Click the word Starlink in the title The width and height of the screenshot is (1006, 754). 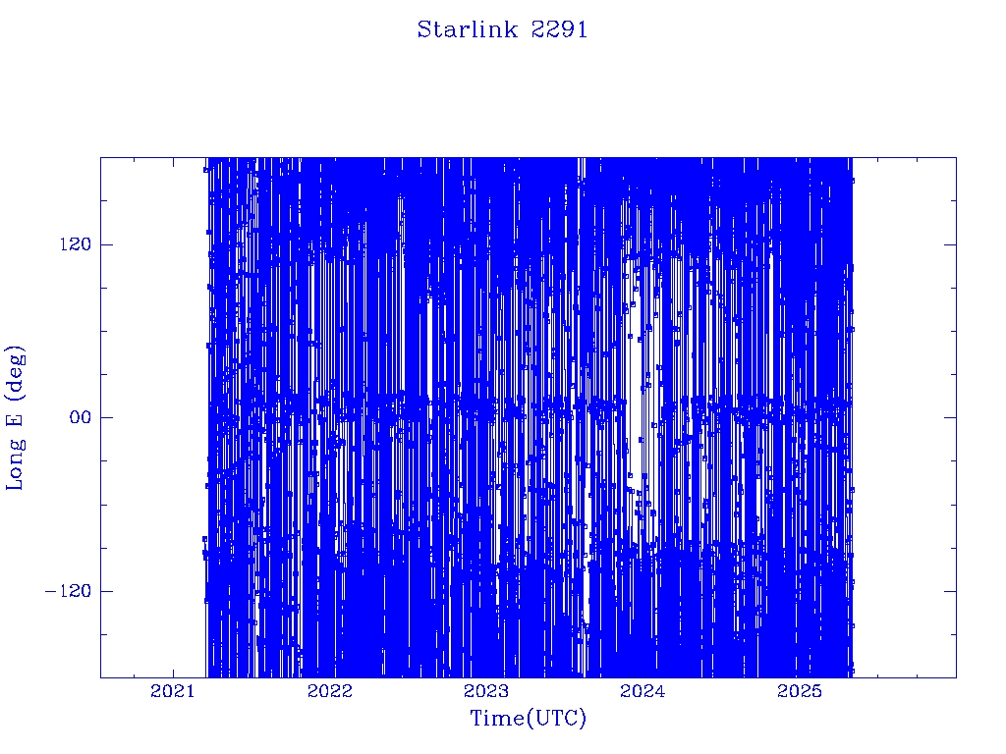pyautogui.click(x=468, y=29)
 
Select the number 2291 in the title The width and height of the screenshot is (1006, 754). pyautogui.click(x=559, y=29)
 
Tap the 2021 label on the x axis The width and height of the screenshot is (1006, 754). pyautogui.click(x=172, y=691)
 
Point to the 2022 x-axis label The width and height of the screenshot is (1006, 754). pyautogui.click(x=330, y=691)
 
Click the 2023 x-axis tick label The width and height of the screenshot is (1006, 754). pyautogui.click(x=485, y=691)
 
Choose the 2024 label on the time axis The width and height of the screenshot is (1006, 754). pyautogui.click(x=643, y=691)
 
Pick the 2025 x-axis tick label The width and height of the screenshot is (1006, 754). pyautogui.click(x=799, y=691)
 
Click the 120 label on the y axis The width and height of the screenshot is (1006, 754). pyautogui.click(x=76, y=244)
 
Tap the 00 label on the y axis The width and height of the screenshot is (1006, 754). pyautogui.click(x=81, y=417)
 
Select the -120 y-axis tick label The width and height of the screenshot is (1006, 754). pyautogui.click(x=68, y=591)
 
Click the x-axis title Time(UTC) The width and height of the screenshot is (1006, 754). pyautogui.click(x=528, y=718)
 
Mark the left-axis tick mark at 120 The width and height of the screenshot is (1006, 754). pyautogui.click(x=106, y=244)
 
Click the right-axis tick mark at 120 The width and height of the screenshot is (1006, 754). pyautogui.click(x=951, y=244)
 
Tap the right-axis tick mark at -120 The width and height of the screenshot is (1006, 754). pyautogui.click(x=951, y=591)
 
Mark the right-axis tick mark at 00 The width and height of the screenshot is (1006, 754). pyautogui.click(x=951, y=417)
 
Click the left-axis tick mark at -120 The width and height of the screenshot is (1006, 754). pyautogui.click(x=106, y=591)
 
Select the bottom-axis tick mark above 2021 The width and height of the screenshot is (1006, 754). pyautogui.click(x=173, y=672)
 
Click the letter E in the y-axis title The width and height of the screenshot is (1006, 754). pyautogui.click(x=15, y=418)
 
